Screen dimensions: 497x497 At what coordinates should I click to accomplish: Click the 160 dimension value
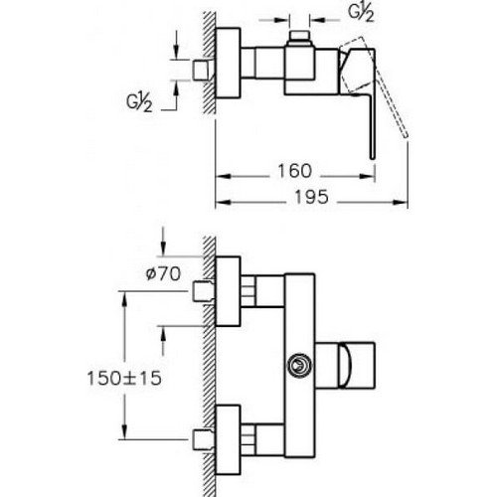pos(294,171)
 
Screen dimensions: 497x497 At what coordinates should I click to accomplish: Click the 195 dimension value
pos(311,197)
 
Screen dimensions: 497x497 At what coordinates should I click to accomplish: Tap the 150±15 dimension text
pos(124,378)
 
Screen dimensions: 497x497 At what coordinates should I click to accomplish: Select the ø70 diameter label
pos(163,274)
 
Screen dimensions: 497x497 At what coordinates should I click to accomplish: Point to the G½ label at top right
pos(361,13)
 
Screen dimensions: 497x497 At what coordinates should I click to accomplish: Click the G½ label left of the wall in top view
pos(139,101)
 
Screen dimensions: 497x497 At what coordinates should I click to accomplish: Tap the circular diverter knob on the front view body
pos(299,365)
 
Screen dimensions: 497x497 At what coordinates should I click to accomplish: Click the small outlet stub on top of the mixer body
pos(299,39)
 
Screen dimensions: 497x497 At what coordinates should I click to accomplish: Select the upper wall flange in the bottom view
pos(228,291)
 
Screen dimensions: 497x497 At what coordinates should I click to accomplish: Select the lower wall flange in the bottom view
pos(228,439)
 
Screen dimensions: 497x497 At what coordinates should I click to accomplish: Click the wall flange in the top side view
pos(228,63)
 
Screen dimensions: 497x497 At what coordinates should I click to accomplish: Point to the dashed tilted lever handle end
pos(405,135)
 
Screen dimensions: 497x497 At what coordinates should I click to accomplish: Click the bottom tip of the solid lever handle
pos(373,158)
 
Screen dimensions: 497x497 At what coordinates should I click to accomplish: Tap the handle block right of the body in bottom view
pos(345,365)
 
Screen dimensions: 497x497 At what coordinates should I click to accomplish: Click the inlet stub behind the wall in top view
pos(202,71)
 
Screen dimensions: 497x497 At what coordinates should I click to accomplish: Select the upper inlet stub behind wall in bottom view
pos(202,291)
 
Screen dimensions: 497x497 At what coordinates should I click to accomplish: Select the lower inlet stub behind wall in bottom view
pos(202,439)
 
